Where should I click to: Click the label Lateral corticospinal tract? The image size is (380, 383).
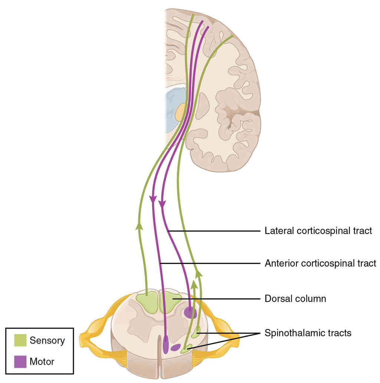point(318,231)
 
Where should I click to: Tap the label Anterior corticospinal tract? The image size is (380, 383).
point(320,264)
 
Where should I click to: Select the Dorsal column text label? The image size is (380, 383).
point(295,299)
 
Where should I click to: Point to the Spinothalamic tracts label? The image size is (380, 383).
point(308,333)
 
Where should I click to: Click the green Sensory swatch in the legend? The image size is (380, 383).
point(20,340)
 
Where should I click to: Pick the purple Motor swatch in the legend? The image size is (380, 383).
point(20,361)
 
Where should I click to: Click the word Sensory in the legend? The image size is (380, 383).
point(47,340)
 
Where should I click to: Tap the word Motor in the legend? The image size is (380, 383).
point(42,361)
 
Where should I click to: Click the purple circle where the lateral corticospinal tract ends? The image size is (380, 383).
point(190,313)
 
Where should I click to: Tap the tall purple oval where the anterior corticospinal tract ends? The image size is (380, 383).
point(166,344)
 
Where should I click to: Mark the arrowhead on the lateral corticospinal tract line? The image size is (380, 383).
point(162,204)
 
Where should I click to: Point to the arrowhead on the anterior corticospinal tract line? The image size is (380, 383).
point(153,200)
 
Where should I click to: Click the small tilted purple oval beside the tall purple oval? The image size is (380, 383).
point(175,348)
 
